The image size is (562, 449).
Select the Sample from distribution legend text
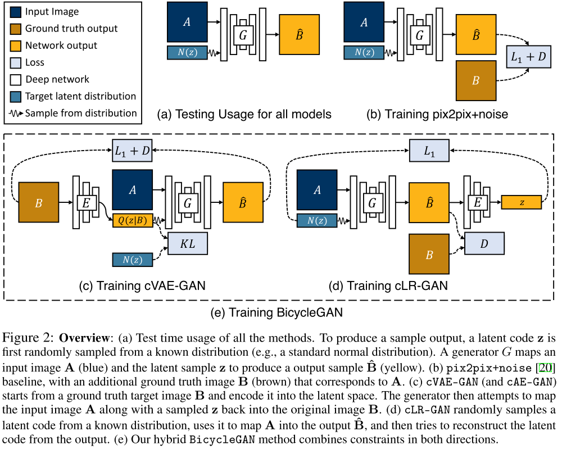click(x=81, y=113)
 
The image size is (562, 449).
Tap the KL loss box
click(x=187, y=245)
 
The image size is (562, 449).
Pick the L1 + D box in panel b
click(x=528, y=57)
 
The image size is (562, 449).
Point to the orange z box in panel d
click(x=521, y=202)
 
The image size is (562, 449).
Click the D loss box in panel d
click(x=483, y=244)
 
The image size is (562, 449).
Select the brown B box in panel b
click(x=476, y=81)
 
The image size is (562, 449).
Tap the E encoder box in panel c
click(x=86, y=202)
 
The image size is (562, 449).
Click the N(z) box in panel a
click(x=188, y=53)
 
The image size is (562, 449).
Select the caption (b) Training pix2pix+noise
click(x=437, y=115)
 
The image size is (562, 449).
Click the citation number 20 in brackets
click(x=545, y=368)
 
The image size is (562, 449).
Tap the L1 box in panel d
click(x=429, y=151)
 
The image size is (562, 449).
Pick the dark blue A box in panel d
click(x=317, y=190)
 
